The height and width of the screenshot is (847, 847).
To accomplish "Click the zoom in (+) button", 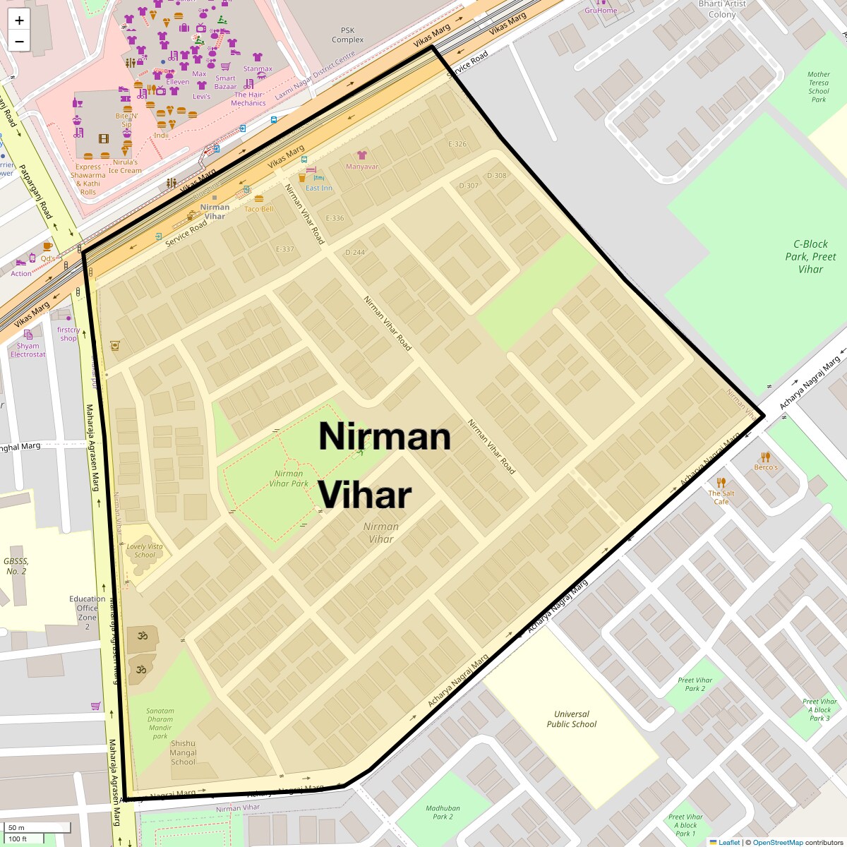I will pyautogui.click(x=19, y=20).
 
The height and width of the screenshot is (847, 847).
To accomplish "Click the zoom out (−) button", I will pyautogui.click(x=19, y=41).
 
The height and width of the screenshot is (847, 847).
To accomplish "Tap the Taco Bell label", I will pyautogui.click(x=258, y=209).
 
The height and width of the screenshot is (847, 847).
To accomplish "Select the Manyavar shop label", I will pyautogui.click(x=362, y=167).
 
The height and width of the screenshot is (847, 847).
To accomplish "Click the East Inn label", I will pyautogui.click(x=319, y=188).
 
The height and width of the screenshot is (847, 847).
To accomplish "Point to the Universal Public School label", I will pyautogui.click(x=572, y=719).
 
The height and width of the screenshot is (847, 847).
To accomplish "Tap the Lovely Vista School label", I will pyautogui.click(x=145, y=551).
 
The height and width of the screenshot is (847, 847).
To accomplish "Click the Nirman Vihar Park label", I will pyautogui.click(x=289, y=479).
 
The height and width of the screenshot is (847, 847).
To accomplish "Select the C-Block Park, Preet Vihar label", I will pyautogui.click(x=810, y=256).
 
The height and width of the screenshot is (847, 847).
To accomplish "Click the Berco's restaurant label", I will pyautogui.click(x=766, y=467).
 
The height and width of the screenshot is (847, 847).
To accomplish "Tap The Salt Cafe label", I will pyautogui.click(x=721, y=497).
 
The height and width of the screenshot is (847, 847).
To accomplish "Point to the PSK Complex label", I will pyautogui.click(x=348, y=35).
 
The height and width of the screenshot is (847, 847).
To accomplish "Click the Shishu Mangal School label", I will pyautogui.click(x=183, y=752).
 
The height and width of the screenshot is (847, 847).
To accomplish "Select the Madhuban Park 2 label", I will pyautogui.click(x=443, y=812).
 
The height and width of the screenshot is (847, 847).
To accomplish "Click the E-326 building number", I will pyautogui.click(x=457, y=144).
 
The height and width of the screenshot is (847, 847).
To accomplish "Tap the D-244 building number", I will pyautogui.click(x=355, y=252).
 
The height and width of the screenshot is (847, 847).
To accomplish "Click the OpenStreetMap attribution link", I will pyautogui.click(x=777, y=842).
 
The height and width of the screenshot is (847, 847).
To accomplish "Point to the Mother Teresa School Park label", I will pyautogui.click(x=819, y=87).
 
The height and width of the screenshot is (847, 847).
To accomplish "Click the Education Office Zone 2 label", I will pyautogui.click(x=88, y=612).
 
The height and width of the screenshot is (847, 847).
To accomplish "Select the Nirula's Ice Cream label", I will pyautogui.click(x=125, y=166).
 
